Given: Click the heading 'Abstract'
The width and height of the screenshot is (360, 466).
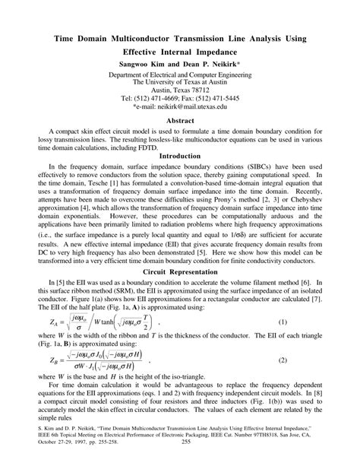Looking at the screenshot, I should coord(179,119).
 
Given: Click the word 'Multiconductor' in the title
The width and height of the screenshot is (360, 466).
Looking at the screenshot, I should coord(156,37).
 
